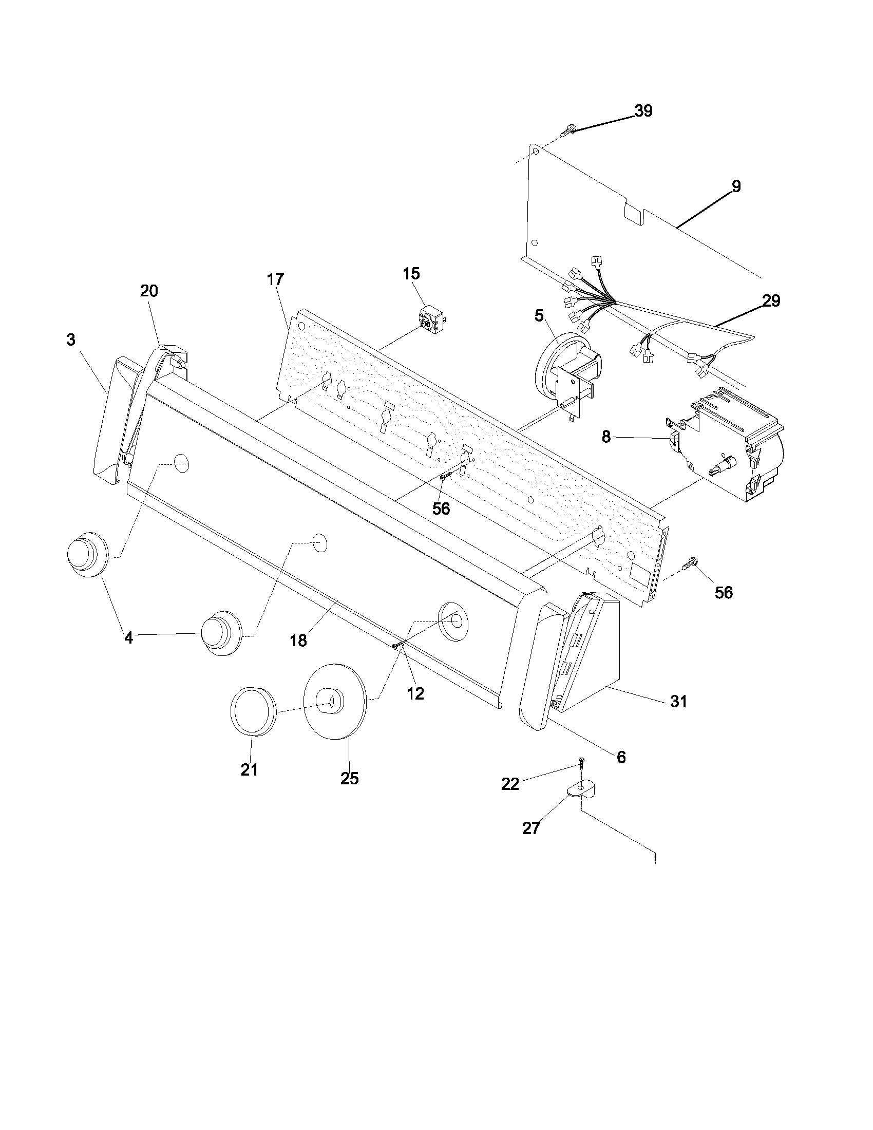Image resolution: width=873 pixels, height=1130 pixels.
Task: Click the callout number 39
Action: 643,111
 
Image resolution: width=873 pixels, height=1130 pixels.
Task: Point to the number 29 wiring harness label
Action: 771,300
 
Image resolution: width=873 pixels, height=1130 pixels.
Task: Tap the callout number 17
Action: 276,279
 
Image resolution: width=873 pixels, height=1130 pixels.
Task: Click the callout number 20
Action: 149,291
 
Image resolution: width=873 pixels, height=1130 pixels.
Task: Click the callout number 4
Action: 128,638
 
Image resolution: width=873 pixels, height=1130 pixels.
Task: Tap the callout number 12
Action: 415,694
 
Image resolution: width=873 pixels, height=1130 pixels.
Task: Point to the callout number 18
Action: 298,641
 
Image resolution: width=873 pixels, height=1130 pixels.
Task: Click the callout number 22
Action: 510,784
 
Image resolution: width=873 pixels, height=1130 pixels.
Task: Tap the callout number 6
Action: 621,757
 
